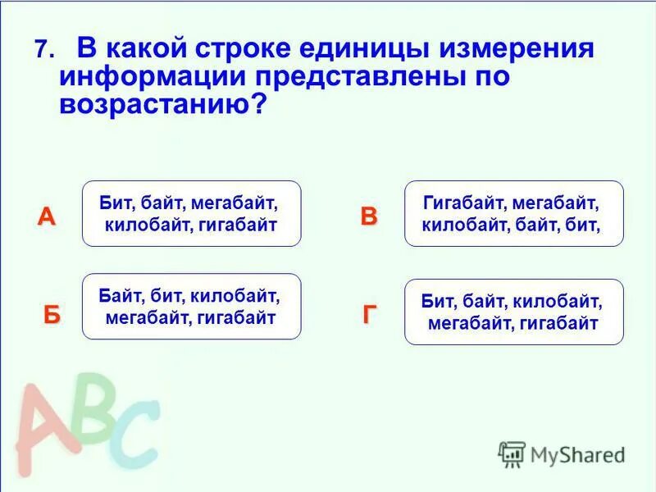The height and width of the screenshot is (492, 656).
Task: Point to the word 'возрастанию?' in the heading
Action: (x=163, y=105)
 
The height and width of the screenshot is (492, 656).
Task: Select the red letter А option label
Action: (x=47, y=217)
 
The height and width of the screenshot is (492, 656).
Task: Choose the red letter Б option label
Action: (x=52, y=317)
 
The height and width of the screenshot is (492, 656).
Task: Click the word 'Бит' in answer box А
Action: (x=116, y=202)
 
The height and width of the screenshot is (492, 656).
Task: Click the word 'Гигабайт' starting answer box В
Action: (x=462, y=202)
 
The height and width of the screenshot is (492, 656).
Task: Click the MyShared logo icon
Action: (x=512, y=453)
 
